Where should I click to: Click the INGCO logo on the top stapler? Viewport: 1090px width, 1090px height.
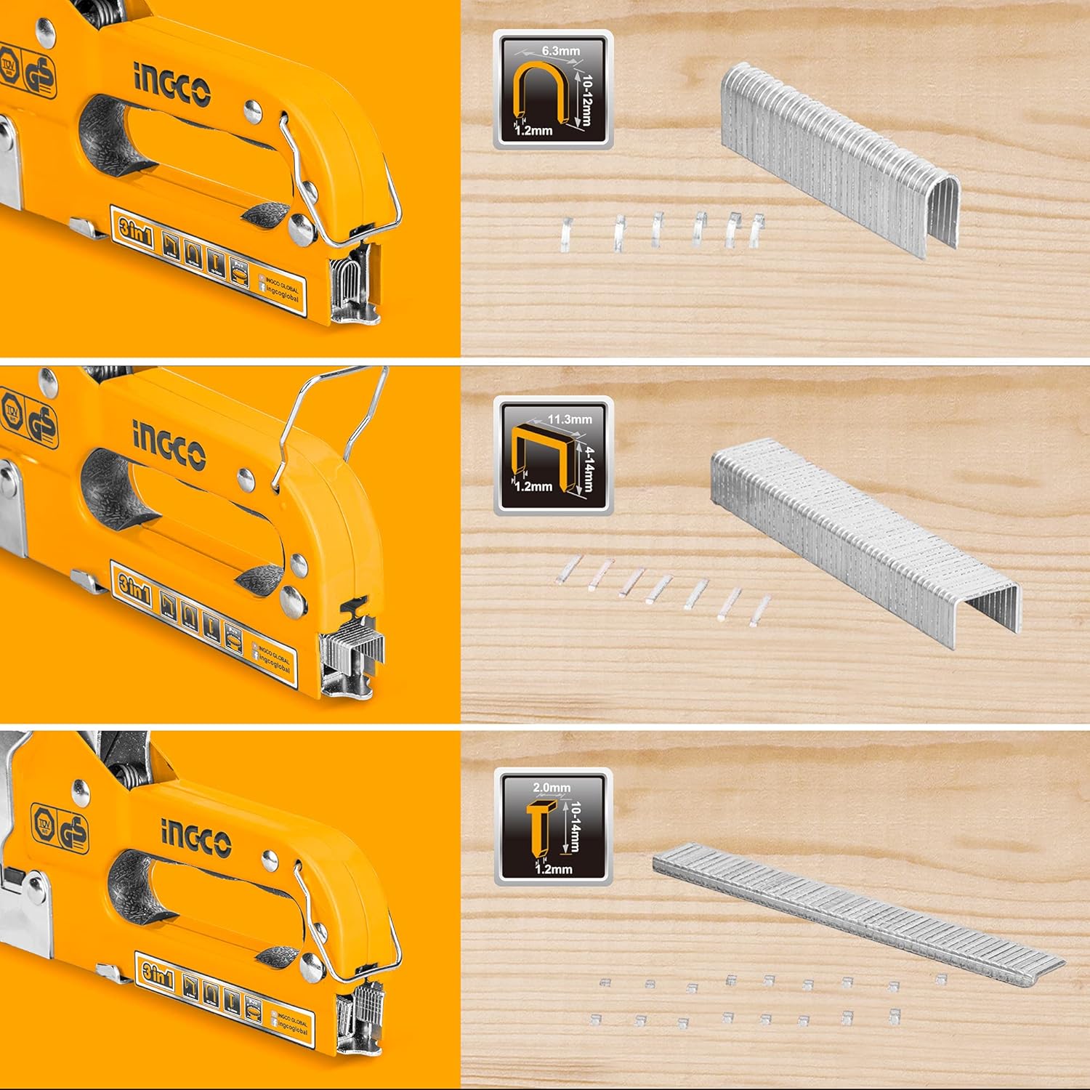pos(171,85)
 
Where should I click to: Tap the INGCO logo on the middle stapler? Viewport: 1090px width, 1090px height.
pos(169,445)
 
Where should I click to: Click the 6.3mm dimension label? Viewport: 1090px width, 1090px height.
pos(560,51)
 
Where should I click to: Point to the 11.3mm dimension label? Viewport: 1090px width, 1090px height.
pos(569,419)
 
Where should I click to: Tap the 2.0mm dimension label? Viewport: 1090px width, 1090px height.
pos(552,787)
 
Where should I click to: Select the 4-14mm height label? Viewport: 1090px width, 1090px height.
pos(588,468)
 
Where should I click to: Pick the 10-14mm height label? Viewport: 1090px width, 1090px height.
pos(574,827)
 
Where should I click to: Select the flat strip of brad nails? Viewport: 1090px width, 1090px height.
pos(857,908)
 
